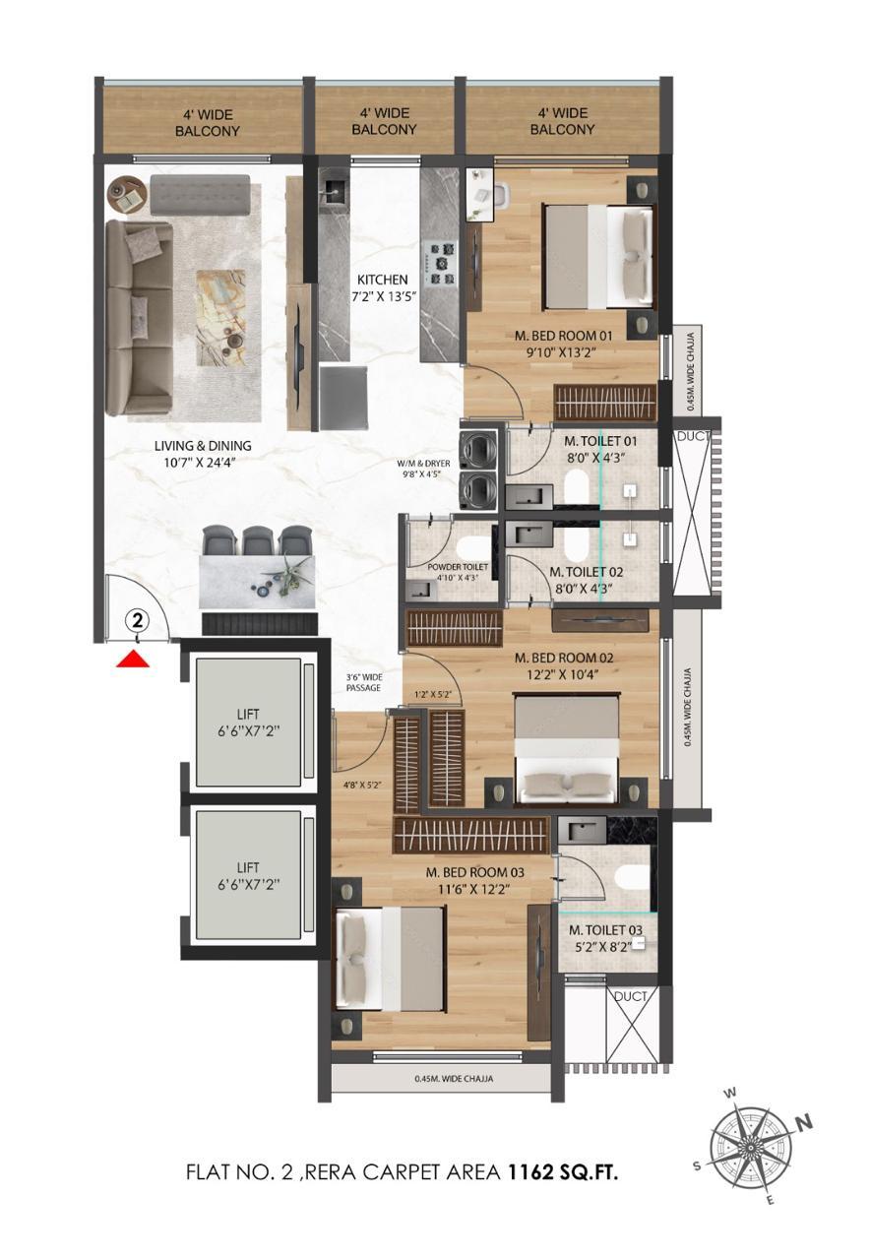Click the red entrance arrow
[133, 659]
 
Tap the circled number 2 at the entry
[137, 621]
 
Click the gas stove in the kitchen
[442, 263]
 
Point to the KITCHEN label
[383, 280]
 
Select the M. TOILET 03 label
[605, 930]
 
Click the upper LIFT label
[248, 715]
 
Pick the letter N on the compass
[805, 1121]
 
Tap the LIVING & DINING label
[203, 446]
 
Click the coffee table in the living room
[220, 318]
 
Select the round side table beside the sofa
[127, 195]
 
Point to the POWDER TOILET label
[458, 567]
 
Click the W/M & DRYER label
[423, 464]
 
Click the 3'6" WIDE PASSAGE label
[364, 683]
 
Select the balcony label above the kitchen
[384, 121]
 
